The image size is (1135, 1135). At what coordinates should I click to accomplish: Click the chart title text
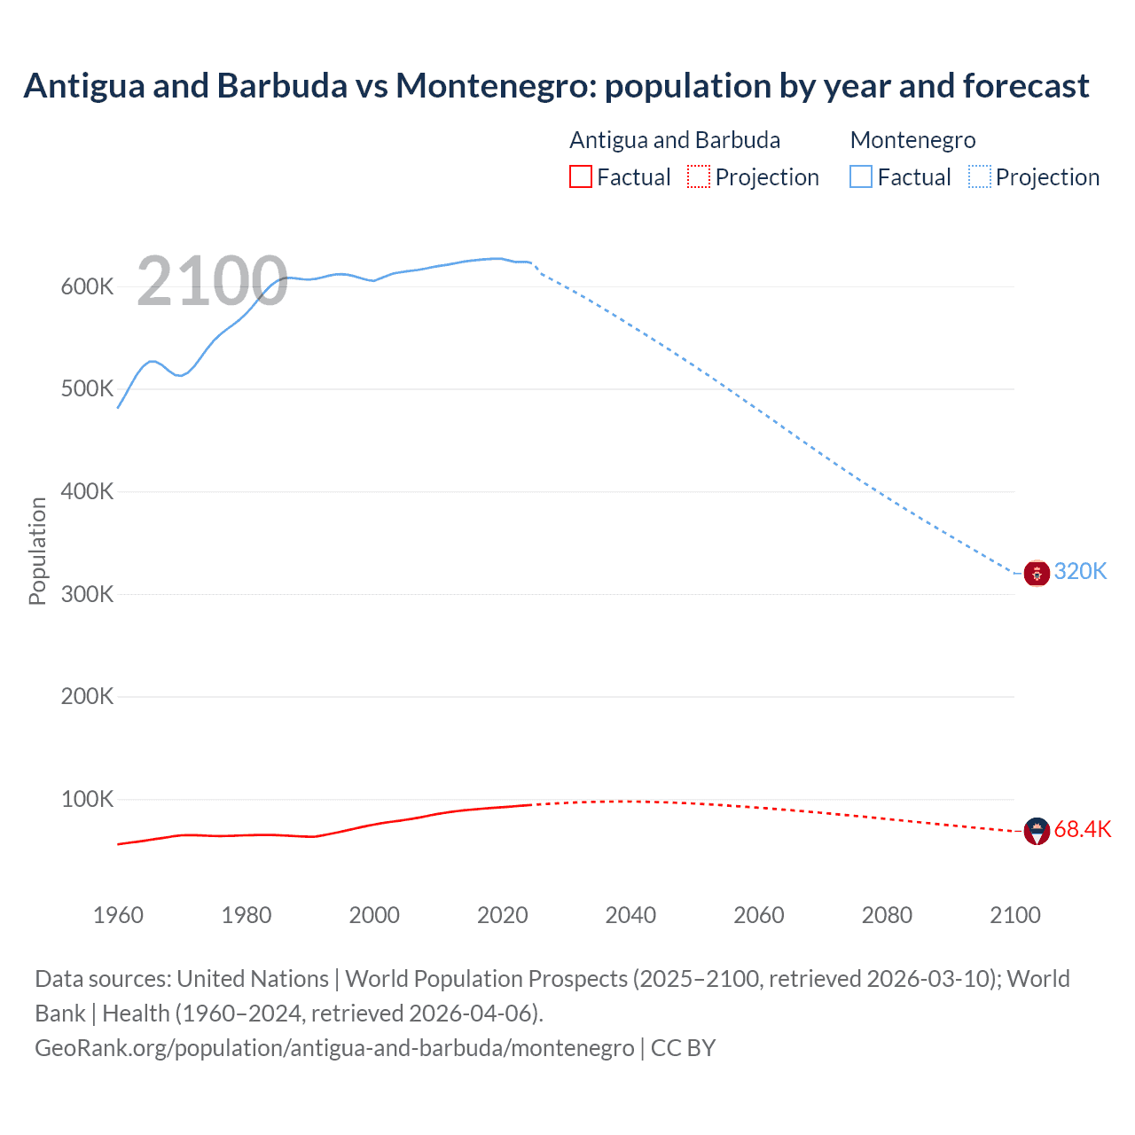coord(556,86)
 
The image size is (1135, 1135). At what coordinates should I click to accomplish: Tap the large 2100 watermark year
coord(212,282)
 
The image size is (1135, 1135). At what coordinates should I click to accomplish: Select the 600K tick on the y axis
coord(87,286)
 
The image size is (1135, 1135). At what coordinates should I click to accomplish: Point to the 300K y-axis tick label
coord(87,594)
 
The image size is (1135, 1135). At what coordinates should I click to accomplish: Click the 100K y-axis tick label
coord(87,799)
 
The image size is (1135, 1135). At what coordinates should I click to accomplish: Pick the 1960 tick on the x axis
coord(118,915)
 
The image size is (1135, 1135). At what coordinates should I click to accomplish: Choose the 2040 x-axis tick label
coord(630,915)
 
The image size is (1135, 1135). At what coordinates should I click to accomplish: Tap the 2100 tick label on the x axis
coord(1014,915)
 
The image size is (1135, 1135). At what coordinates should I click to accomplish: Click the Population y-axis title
coord(37,551)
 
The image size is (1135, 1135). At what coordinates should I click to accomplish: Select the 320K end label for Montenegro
coord(1080,571)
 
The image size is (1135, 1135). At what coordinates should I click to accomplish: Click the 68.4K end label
coord(1082,829)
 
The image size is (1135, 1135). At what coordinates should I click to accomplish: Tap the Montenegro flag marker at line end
coord(1037,574)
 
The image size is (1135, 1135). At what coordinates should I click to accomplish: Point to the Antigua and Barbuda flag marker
coord(1037,832)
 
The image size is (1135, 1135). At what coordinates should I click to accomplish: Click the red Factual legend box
coord(580,176)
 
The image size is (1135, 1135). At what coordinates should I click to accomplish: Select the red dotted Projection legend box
coord(699,176)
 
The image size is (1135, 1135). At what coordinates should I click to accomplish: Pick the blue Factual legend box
coord(860,176)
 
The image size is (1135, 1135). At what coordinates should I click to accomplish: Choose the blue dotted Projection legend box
coord(979,176)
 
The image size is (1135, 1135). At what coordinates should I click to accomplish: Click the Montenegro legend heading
coord(912,140)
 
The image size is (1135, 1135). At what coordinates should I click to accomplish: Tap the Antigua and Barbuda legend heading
coord(675,140)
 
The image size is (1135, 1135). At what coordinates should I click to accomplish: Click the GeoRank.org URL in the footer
coord(334,1047)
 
